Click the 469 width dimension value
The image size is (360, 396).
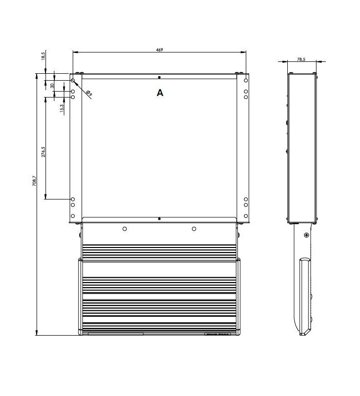click(159, 49)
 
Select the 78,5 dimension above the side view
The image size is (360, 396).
click(301, 59)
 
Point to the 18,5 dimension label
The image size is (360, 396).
click(44, 56)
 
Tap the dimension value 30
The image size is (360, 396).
click(52, 86)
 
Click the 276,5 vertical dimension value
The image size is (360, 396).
click(44, 152)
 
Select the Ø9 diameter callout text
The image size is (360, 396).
click(89, 93)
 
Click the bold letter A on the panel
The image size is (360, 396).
click(159, 93)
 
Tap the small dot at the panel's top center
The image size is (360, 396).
click(159, 77)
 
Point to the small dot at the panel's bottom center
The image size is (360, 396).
click(159, 218)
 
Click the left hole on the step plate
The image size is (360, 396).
click(124, 229)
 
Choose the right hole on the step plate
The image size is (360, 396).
click(194, 229)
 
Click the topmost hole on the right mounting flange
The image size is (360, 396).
click(246, 80)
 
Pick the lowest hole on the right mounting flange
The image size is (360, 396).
click(246, 216)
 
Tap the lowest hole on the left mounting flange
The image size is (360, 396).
click(73, 216)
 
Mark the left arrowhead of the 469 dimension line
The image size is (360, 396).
click(74, 51)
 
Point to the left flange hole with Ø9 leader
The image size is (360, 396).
click(73, 80)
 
